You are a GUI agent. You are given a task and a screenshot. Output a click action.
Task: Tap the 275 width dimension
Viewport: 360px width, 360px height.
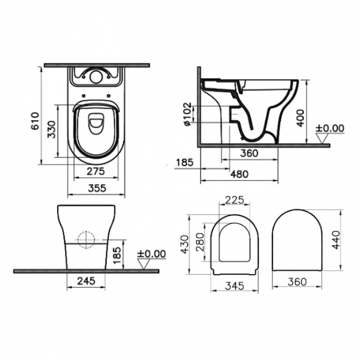tap(95, 172)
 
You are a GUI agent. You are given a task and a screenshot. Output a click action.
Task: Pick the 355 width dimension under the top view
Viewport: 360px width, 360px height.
tap(95, 188)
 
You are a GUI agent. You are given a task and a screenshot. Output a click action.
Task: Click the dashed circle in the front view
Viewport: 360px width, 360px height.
tap(87, 239)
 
